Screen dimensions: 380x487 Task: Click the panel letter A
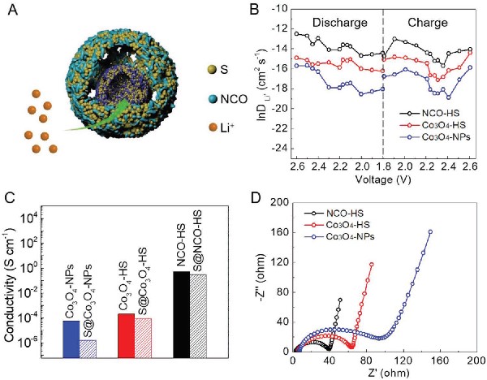tap(10, 10)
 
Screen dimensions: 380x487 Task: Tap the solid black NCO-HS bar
tap(182, 313)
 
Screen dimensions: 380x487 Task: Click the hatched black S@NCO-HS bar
tap(198, 315)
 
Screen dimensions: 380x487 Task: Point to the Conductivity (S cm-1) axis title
tap(11, 276)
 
